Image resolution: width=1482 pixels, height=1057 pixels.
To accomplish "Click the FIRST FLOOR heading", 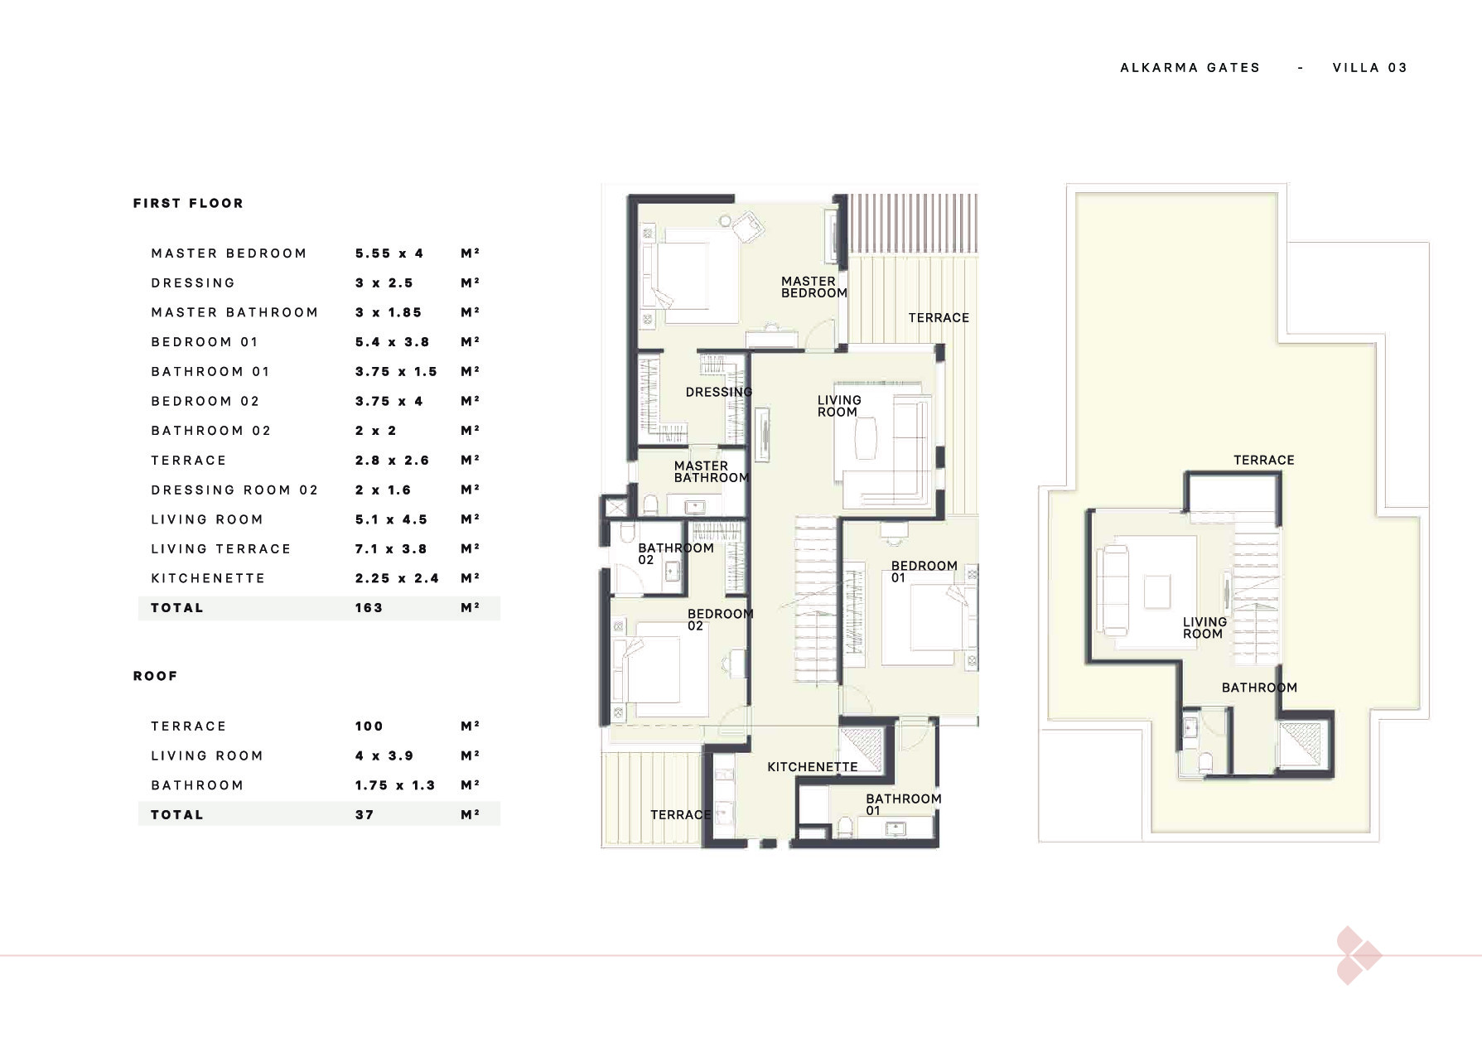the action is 188,203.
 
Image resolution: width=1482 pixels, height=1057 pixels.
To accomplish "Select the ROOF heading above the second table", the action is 155,676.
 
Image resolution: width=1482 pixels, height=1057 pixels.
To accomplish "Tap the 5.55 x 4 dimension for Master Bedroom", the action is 389,253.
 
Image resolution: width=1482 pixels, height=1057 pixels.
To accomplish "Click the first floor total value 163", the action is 369,608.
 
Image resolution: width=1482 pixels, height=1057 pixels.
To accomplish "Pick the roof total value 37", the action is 364,815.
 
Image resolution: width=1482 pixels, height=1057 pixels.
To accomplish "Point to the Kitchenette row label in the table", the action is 208,578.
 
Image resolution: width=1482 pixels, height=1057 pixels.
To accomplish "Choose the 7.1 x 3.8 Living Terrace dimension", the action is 391,548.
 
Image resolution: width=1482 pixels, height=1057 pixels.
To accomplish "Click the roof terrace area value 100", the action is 369,726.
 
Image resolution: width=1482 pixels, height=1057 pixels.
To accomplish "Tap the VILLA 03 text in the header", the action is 1370,68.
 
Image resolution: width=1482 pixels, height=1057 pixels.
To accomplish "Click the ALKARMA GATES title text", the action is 1190,68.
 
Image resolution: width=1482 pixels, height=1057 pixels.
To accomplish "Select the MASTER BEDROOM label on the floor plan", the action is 814,287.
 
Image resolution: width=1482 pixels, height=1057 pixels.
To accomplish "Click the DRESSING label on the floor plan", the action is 719,392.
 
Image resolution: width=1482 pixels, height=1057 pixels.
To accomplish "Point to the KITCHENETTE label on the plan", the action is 813,767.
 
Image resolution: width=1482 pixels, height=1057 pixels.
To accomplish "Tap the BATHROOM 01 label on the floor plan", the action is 904,804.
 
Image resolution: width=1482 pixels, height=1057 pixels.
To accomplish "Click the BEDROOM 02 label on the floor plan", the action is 721,620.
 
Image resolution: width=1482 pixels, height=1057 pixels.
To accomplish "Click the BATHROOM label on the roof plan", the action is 1259,688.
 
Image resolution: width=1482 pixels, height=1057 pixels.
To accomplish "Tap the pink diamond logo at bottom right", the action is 1357,956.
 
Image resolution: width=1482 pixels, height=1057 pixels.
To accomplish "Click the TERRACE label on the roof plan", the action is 1263,461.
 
